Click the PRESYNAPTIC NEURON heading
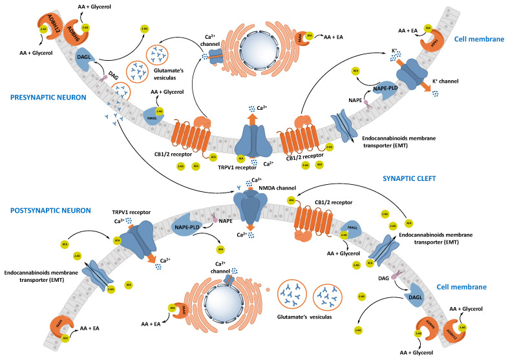tap(44, 98)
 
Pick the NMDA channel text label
tap(278, 189)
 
